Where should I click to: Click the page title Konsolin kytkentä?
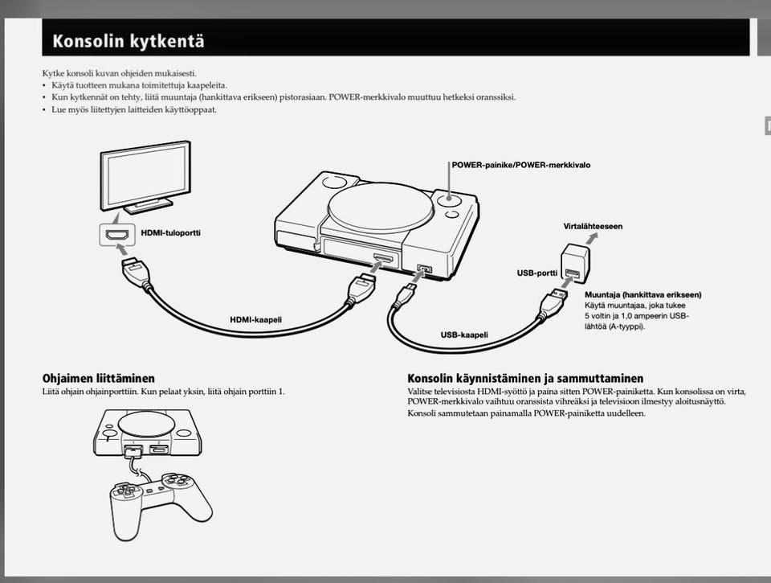[x=128, y=40]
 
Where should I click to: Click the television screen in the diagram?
[x=145, y=175]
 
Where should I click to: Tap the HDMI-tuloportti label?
[x=170, y=233]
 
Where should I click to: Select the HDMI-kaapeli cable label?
[x=255, y=319]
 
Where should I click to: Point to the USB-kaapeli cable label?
[x=464, y=335]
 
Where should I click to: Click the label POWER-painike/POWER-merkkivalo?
[x=520, y=165]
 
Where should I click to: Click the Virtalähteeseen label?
[x=593, y=226]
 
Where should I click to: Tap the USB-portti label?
[x=537, y=273]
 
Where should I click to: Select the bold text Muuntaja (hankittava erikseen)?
[x=642, y=294]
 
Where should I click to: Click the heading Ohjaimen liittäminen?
[x=98, y=378]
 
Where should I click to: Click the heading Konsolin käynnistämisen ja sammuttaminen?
[x=525, y=378]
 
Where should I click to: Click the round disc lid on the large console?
[x=380, y=207]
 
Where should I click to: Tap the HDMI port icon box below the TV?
[x=117, y=234]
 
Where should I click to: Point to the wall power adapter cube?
[x=575, y=264]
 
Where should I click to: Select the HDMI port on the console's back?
[x=383, y=258]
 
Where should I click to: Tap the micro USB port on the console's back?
[x=424, y=269]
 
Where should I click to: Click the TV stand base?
[x=149, y=206]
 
